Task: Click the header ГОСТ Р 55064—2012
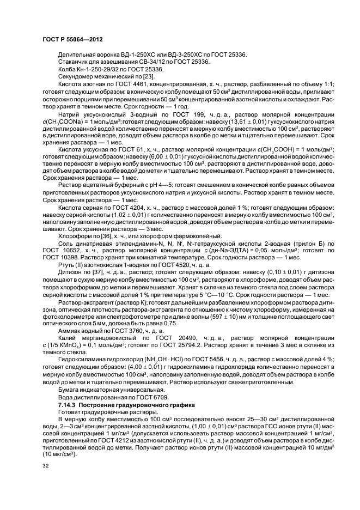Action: coord(72,39)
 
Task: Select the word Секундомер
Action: coord(76,76)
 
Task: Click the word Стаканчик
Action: coord(74,62)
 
